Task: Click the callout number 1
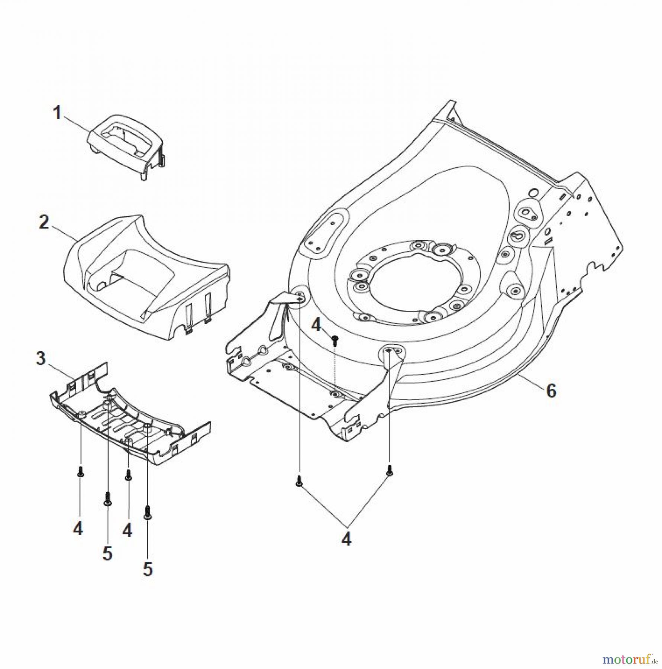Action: click(x=57, y=113)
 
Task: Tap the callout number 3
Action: click(x=41, y=359)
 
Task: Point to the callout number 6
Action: click(x=551, y=391)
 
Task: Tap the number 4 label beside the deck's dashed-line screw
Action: click(x=316, y=325)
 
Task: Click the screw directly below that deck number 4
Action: click(x=335, y=339)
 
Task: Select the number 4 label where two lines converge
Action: click(x=346, y=539)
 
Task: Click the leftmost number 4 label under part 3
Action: click(x=78, y=528)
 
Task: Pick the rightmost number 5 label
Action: click(x=148, y=569)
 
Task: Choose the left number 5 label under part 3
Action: click(x=107, y=553)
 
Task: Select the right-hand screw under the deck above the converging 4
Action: click(x=390, y=470)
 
